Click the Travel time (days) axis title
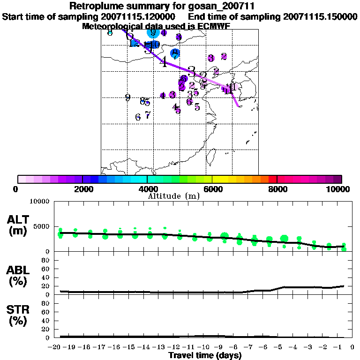205,356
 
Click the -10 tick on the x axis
203,347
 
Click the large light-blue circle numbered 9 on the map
153,32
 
